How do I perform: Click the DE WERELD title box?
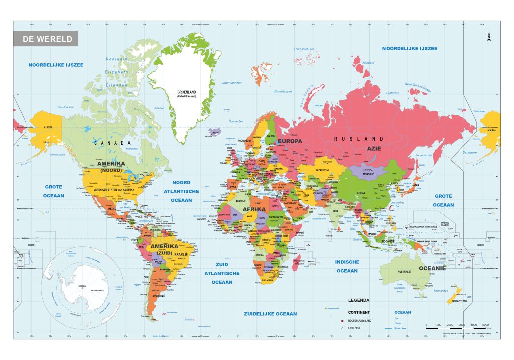[x=45, y=39]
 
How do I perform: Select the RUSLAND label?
[x=359, y=139]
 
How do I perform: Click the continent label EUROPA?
[x=290, y=141]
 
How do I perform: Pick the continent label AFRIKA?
[x=254, y=209]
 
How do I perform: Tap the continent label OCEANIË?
[x=433, y=268]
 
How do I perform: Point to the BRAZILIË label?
[x=180, y=255]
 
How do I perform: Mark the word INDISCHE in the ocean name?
[x=347, y=262]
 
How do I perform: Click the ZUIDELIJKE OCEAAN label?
[x=271, y=314]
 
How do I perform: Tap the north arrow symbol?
[x=488, y=37]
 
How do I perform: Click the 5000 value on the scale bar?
[x=485, y=325]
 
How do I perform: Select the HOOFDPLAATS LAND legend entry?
[x=362, y=320]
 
